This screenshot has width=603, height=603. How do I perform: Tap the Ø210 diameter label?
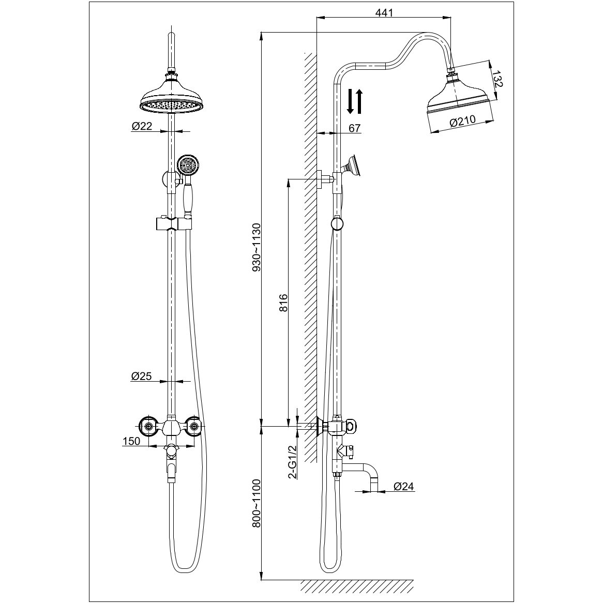[463, 123]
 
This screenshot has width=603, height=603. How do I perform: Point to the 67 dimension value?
[354, 128]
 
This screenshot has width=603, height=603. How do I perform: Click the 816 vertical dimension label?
[283, 303]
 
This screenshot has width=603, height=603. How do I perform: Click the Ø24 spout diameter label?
[404, 486]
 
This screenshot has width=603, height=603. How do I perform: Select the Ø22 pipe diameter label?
[142, 126]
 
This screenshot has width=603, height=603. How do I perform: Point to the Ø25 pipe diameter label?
[141, 376]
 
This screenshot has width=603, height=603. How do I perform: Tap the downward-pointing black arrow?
[350, 101]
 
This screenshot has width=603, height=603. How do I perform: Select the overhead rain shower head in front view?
[170, 98]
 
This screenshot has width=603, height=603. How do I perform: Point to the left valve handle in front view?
[149, 427]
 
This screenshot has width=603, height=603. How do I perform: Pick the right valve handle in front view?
[194, 426]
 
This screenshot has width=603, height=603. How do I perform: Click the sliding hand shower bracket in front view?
[172, 224]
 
